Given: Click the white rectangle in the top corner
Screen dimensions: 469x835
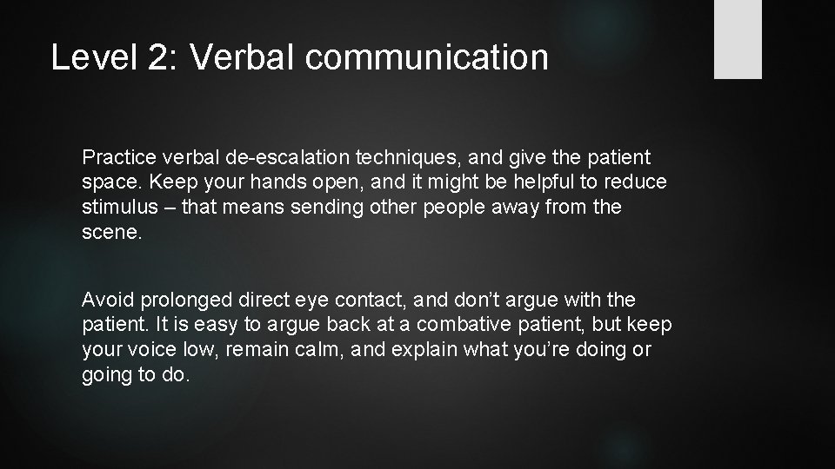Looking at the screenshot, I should tap(738, 39).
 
